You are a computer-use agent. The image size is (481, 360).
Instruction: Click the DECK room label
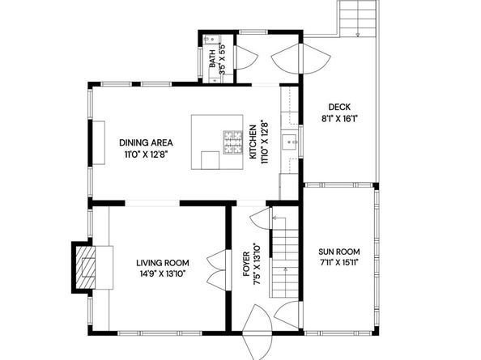click(x=339, y=108)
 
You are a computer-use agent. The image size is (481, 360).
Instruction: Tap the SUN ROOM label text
click(x=339, y=252)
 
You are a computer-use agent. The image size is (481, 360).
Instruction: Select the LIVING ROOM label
click(x=163, y=263)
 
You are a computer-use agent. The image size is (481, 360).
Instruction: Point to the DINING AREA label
click(x=146, y=142)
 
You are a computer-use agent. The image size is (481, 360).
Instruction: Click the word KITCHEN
click(x=253, y=142)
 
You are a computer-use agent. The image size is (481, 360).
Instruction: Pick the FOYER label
click(x=246, y=264)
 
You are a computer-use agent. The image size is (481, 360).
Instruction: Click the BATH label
click(x=212, y=59)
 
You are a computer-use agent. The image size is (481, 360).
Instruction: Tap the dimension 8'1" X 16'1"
click(x=340, y=119)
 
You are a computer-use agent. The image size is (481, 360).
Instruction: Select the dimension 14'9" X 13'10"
click(x=163, y=274)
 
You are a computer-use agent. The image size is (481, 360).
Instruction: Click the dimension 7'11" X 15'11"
click(x=339, y=263)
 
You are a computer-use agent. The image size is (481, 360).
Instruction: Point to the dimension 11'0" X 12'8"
click(x=147, y=154)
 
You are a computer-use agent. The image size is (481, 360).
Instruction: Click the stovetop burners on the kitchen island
click(x=233, y=142)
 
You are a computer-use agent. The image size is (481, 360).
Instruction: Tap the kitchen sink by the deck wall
click(x=290, y=142)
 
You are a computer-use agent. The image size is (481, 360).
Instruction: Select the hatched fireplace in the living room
click(x=85, y=267)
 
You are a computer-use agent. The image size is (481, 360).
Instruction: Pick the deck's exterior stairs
click(x=358, y=19)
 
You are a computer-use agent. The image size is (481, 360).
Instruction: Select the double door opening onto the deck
click(x=301, y=58)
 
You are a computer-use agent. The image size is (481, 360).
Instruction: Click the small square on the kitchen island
click(x=210, y=160)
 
